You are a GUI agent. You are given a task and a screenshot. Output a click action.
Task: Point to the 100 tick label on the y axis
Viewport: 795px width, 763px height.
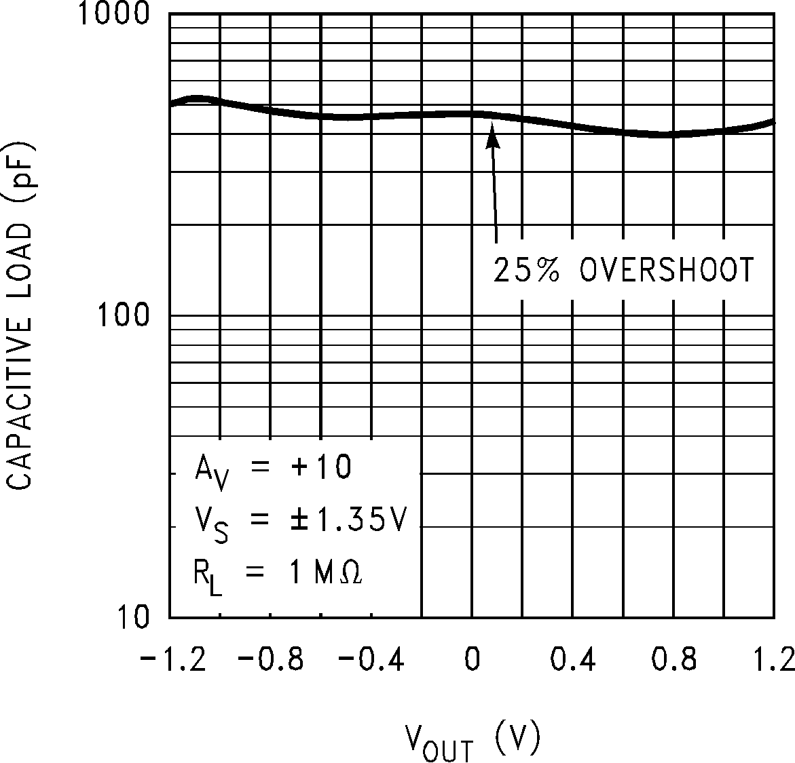click(x=124, y=316)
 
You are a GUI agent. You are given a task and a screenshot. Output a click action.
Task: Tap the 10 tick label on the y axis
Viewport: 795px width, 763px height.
click(x=134, y=617)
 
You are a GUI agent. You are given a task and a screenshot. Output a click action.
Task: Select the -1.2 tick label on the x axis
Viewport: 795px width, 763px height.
click(x=173, y=659)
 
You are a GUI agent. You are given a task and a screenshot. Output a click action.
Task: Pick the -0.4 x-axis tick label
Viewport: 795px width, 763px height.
click(x=371, y=659)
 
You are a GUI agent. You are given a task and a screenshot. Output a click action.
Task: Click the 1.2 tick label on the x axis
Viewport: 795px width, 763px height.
click(x=774, y=659)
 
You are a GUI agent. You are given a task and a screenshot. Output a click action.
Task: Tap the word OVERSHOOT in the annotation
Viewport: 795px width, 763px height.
click(x=667, y=270)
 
